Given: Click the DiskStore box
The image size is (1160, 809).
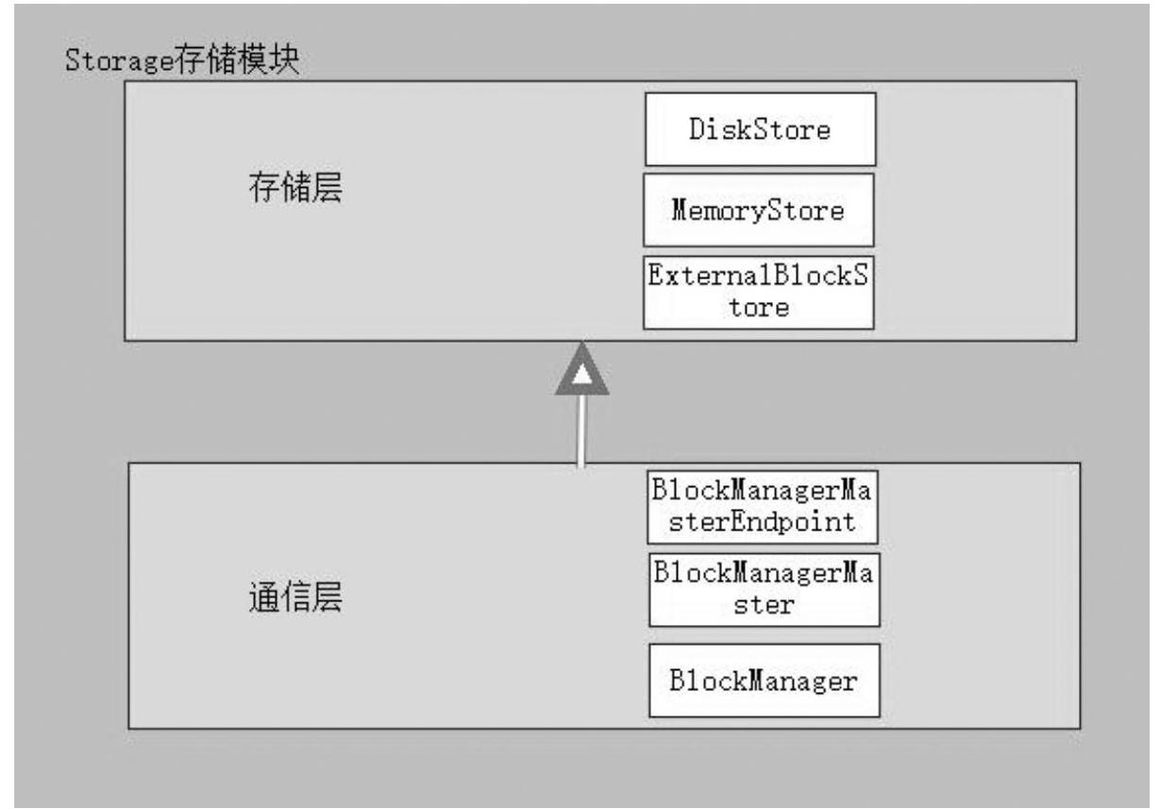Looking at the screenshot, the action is pyautogui.click(x=760, y=129).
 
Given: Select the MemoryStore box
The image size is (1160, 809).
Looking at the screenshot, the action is pyautogui.click(x=758, y=210).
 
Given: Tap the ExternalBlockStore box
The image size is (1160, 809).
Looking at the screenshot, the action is pyautogui.click(x=758, y=293).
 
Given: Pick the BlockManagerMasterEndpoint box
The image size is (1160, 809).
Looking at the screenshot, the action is pyautogui.click(x=763, y=508).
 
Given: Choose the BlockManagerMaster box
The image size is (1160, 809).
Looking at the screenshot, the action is pyautogui.click(x=764, y=590).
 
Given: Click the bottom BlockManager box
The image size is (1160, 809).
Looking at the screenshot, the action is pyautogui.click(x=764, y=680).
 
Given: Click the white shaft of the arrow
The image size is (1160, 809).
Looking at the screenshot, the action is pyautogui.click(x=581, y=430).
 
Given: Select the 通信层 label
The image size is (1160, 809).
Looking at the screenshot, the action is pyautogui.click(x=294, y=597).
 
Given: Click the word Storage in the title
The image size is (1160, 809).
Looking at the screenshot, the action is pyautogui.click(x=117, y=63).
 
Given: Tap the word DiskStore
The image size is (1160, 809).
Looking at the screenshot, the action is pyautogui.click(x=760, y=129).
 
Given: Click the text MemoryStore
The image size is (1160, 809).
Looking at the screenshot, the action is pyautogui.click(x=758, y=210).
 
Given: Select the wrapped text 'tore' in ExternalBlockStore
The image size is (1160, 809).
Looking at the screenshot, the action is pyautogui.click(x=758, y=308).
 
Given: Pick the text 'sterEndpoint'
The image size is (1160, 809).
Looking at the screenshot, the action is pyautogui.click(x=763, y=522).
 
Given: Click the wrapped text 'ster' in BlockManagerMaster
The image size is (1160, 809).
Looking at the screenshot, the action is pyautogui.click(x=764, y=604).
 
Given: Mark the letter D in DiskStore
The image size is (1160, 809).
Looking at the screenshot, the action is pyautogui.click(x=697, y=129).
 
